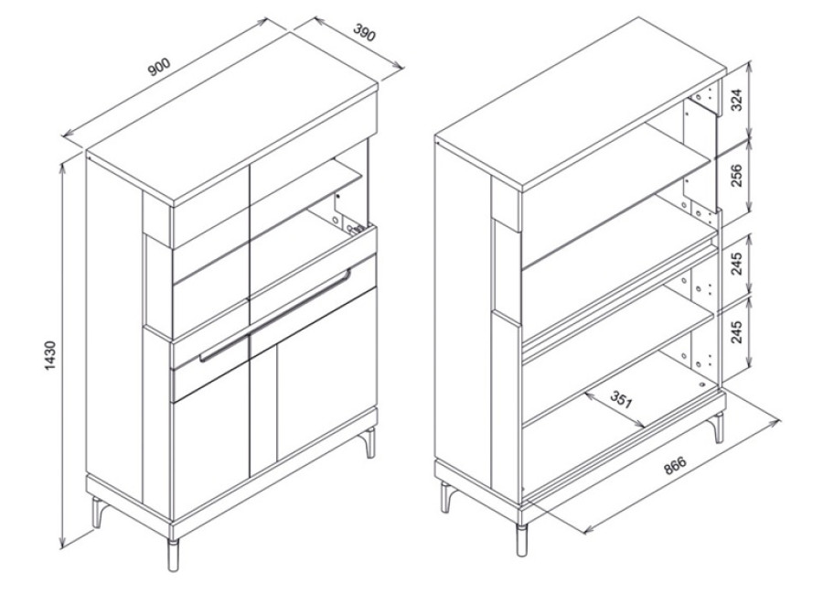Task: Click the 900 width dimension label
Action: point(159,67)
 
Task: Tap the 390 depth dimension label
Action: point(364,33)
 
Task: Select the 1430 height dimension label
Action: point(49,355)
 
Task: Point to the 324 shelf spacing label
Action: point(736,100)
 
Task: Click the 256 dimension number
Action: point(736,176)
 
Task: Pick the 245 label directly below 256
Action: point(736,264)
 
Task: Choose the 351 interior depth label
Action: point(622,401)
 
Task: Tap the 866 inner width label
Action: point(675,466)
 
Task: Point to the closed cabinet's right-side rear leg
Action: point(371,442)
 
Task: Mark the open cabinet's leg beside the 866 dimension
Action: point(718,427)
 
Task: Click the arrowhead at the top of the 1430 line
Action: point(63,168)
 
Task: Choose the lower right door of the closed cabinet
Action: point(326,374)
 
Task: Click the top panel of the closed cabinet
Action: point(231,117)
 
